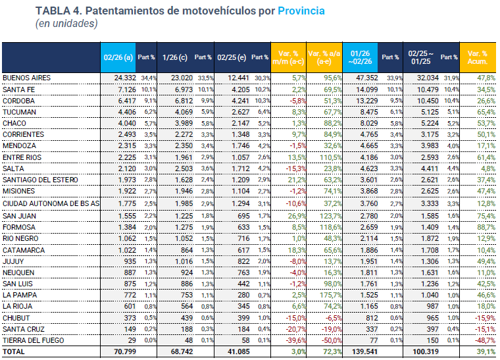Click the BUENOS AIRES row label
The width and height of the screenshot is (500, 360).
27,78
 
